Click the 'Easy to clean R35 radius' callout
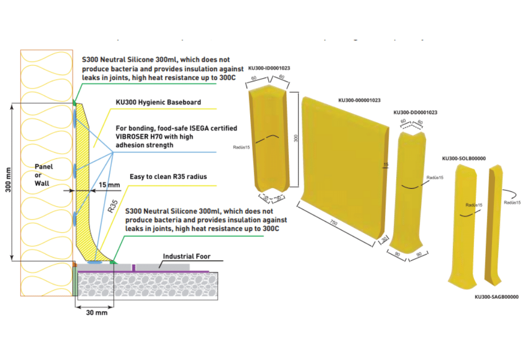[169, 177]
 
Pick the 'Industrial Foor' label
[186, 256]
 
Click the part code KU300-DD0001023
[415, 112]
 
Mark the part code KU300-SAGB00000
[496, 297]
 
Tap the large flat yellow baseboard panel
[345, 165]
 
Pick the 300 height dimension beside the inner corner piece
[295, 139]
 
